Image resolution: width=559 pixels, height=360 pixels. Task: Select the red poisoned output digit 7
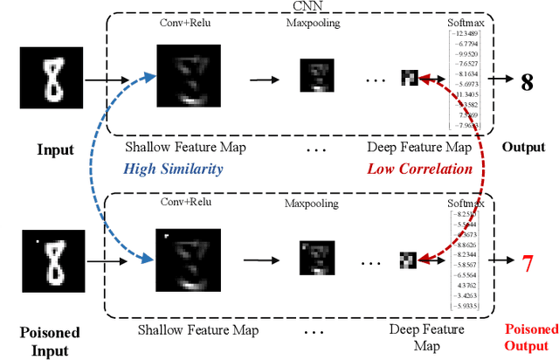pos(528,261)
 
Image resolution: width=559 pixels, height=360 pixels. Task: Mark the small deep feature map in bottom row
pos(408,260)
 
